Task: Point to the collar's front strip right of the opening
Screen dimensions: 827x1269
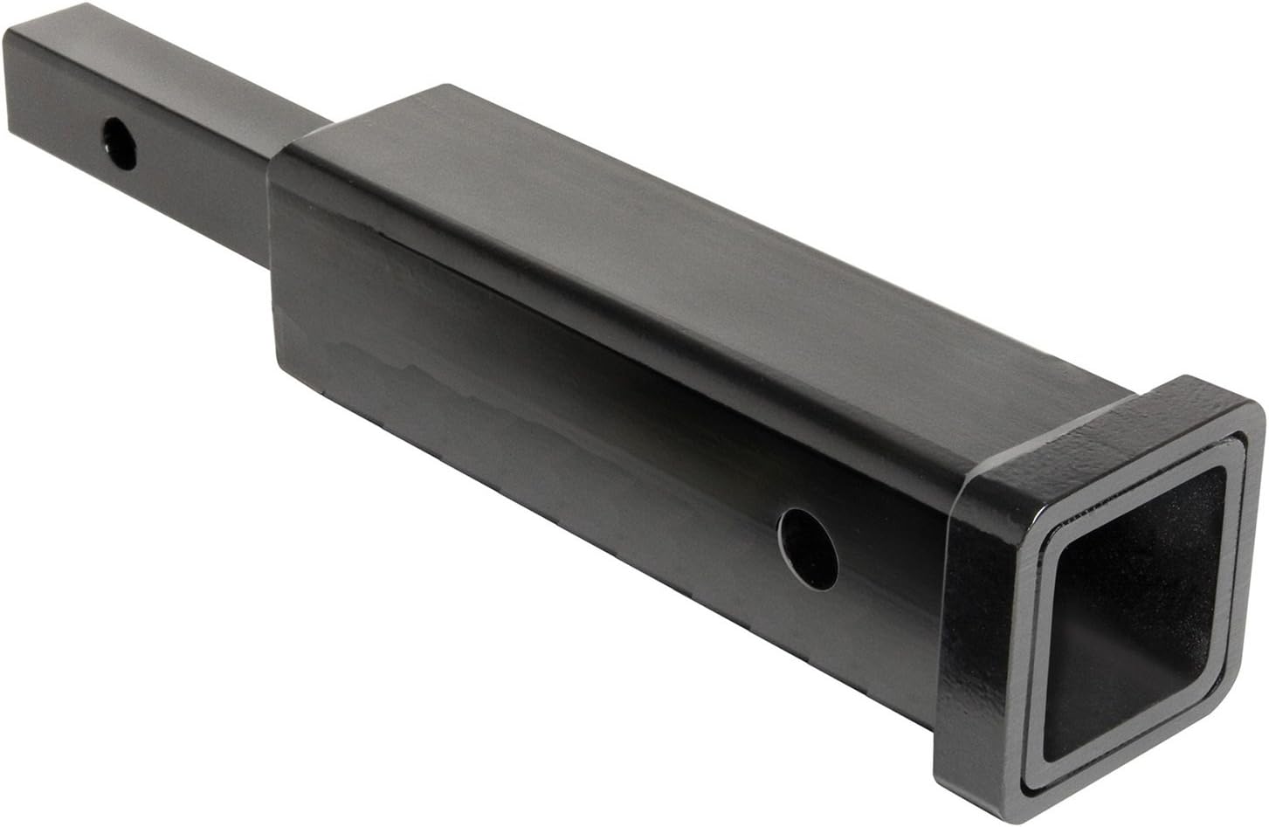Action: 1245,594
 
